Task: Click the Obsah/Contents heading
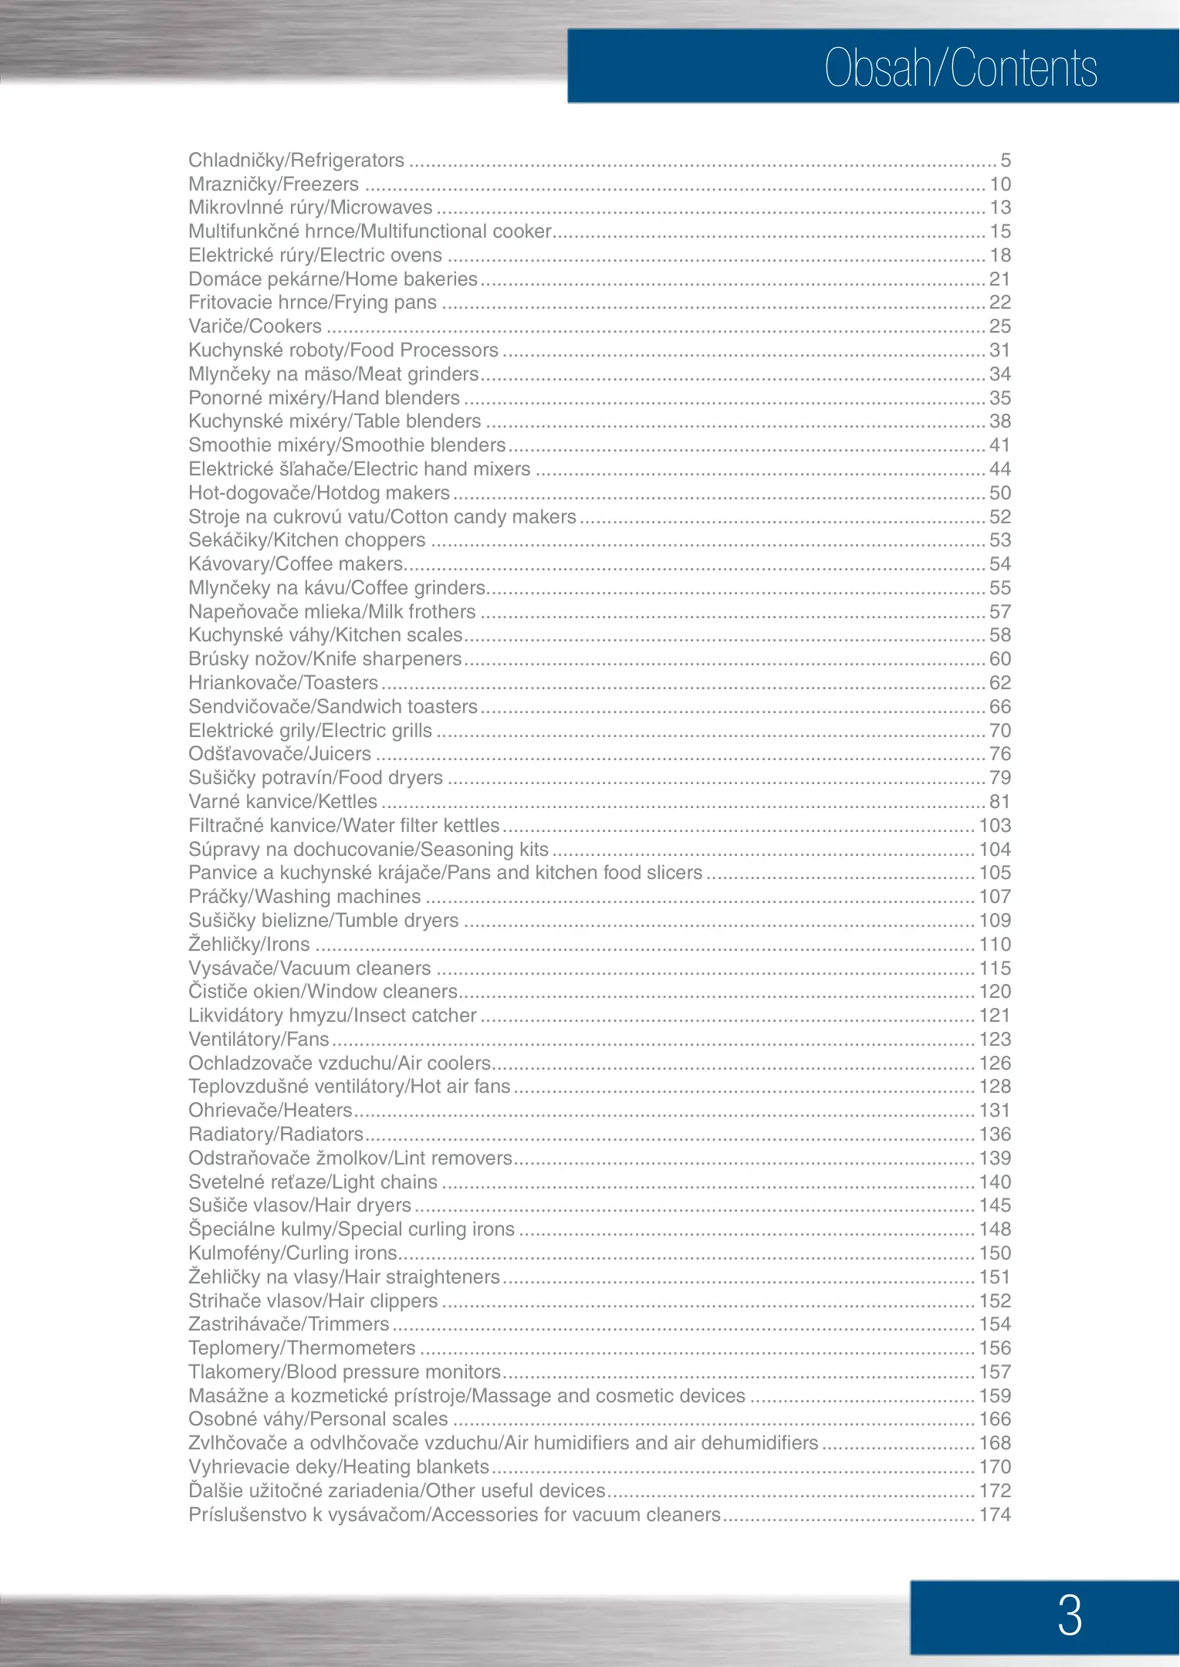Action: click(x=960, y=68)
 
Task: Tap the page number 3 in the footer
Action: click(x=1070, y=1615)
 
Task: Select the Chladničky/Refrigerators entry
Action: click(x=296, y=161)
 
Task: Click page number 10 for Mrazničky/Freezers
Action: click(x=1000, y=184)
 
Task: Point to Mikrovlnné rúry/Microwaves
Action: click(x=310, y=208)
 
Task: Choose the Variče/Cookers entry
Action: click(x=255, y=326)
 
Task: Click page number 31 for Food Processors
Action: click(x=1000, y=350)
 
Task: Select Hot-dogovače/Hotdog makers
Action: click(x=319, y=493)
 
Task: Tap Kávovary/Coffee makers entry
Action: click(x=296, y=564)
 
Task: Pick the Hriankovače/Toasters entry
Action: click(x=283, y=683)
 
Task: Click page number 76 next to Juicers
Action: click(x=1000, y=754)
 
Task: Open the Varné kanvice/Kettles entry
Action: click(x=282, y=802)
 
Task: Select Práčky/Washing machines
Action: click(x=305, y=897)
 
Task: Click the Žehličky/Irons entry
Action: click(x=249, y=945)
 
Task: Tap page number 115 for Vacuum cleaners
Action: click(x=995, y=969)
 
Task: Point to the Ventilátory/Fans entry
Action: click(x=259, y=1040)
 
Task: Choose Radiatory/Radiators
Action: click(x=276, y=1134)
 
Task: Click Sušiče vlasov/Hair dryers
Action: click(x=299, y=1205)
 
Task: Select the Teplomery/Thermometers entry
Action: click(x=302, y=1348)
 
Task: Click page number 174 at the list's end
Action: click(x=995, y=1515)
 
